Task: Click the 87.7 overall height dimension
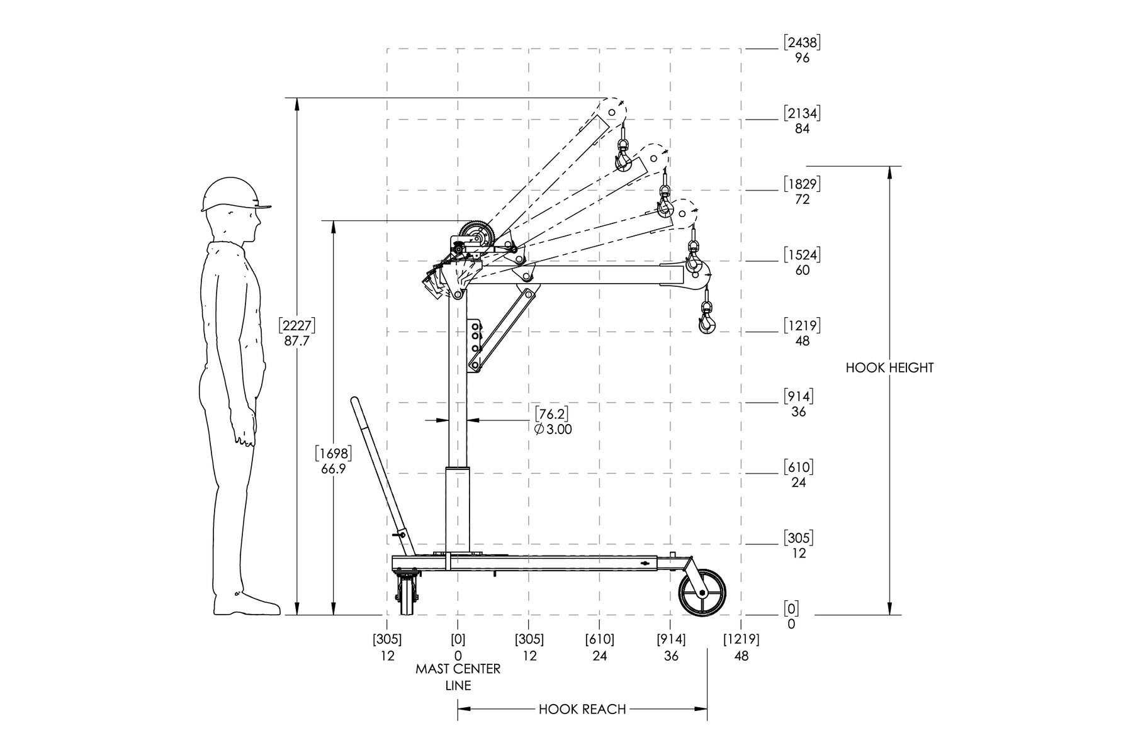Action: (297, 333)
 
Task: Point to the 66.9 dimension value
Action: (333, 461)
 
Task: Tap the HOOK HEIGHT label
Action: (889, 368)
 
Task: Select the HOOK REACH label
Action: (582, 710)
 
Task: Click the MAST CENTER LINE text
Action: (458, 677)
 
